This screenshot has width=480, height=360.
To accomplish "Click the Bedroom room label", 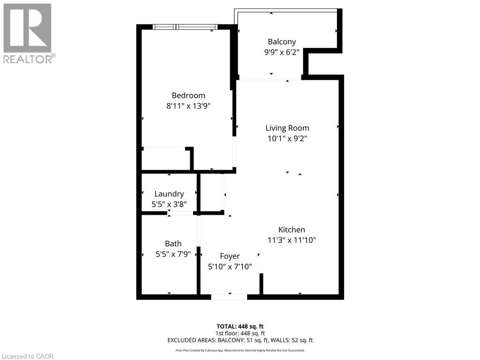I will tap(188, 96).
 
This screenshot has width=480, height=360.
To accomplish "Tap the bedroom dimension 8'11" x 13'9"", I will tap(188, 106).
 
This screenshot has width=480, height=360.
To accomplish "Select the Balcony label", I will tap(282, 42).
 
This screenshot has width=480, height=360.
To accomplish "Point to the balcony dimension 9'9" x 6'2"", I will tap(282, 52).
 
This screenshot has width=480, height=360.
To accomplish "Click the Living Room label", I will tap(287, 128).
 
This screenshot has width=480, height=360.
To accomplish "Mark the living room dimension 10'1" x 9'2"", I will tap(287, 138).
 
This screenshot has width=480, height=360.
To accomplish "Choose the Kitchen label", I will tap(292, 230).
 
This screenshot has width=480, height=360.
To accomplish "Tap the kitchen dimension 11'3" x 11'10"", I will tap(292, 240).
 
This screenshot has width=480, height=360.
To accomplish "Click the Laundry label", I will tap(169, 194).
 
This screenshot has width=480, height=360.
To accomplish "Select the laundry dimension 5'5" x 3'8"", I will tap(169, 204).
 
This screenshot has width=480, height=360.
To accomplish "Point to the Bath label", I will tap(173, 244).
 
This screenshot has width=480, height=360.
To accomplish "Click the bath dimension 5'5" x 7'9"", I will tap(173, 254).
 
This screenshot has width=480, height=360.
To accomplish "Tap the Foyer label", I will tap(230, 256).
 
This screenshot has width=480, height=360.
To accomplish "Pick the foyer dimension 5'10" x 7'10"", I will tap(230, 267).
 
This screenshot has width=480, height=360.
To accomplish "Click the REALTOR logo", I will tap(28, 33).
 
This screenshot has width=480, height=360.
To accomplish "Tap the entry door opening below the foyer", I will tap(229, 297).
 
